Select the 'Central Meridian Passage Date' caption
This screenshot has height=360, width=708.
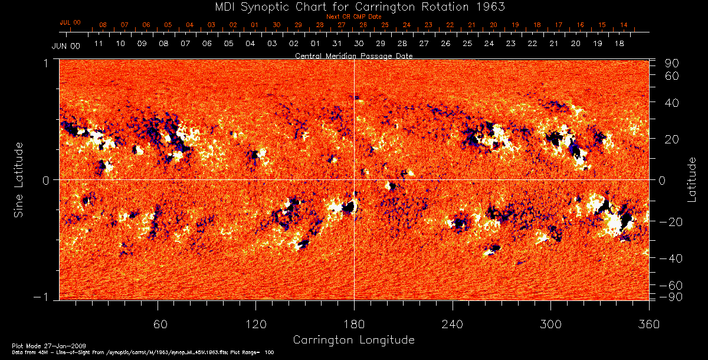pyautogui.click(x=353, y=55)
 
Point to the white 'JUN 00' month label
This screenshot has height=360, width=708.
pyautogui.click(x=66, y=45)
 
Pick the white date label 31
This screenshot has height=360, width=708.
pyautogui.click(x=337, y=44)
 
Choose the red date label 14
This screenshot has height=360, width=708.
pyautogui.click(x=624, y=25)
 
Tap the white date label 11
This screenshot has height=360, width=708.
pyautogui.click(x=99, y=44)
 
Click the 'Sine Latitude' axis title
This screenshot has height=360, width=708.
pyautogui.click(x=19, y=179)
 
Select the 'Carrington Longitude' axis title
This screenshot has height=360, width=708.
pyautogui.click(x=353, y=340)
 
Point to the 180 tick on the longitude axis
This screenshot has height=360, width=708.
pyautogui.click(x=354, y=324)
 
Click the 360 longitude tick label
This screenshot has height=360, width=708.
pyautogui.click(x=648, y=324)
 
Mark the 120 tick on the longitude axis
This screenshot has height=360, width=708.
pyautogui.click(x=256, y=324)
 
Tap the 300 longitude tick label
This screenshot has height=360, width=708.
pyautogui.click(x=550, y=324)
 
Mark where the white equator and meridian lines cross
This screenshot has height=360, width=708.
pyautogui.click(x=354, y=179)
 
